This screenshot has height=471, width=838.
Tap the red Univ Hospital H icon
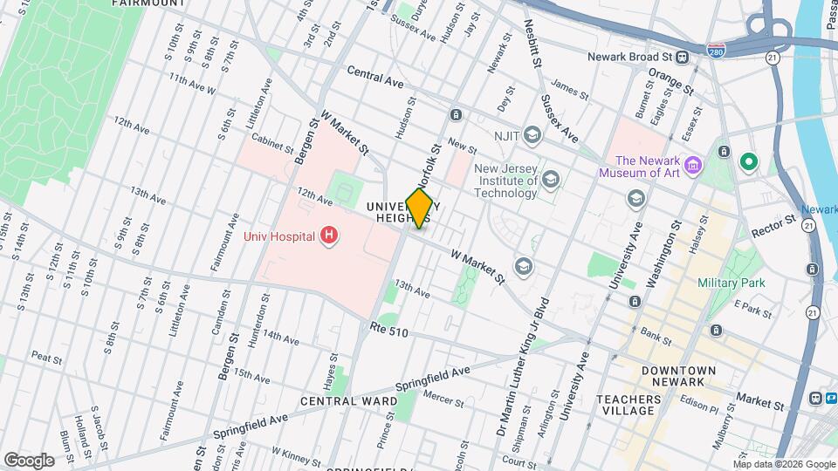329,235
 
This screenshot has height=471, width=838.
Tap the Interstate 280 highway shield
716,51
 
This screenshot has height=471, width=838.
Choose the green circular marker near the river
748,161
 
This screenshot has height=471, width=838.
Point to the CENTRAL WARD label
337,401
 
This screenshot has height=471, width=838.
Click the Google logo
29,460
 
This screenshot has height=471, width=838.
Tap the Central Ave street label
374,77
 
